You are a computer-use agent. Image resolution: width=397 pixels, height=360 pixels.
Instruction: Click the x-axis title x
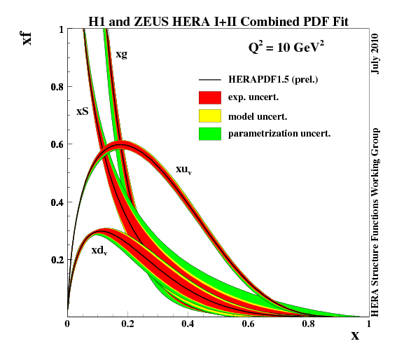tap(355, 335)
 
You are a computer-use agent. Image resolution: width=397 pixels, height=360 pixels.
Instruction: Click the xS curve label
tap(83, 111)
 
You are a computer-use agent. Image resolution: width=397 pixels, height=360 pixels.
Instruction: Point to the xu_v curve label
tap(184, 169)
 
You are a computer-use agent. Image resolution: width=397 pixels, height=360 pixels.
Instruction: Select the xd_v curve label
tap(99, 249)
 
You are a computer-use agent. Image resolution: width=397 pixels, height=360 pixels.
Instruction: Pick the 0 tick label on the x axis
tap(67, 324)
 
